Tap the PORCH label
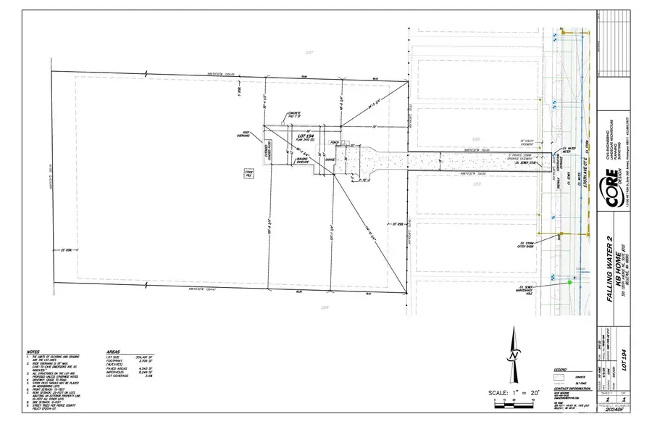335,142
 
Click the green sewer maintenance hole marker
569,284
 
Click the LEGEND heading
560,369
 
